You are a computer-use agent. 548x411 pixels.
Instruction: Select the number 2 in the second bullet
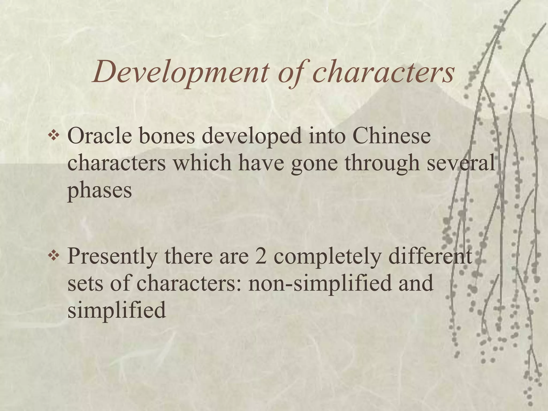tap(261, 256)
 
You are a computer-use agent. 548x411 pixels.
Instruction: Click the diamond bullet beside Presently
tap(54, 256)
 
